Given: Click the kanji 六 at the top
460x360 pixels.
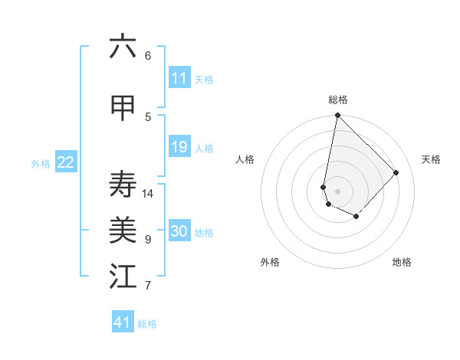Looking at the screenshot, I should [x=123, y=47].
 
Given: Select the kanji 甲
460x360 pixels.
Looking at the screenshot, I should [x=123, y=108].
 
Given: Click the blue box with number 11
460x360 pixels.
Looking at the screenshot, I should [x=179, y=78].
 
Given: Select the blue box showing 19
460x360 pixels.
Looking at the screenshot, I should [x=179, y=147].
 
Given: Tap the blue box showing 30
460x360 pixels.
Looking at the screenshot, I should [x=179, y=232].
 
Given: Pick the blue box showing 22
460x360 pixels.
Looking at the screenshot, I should [x=66, y=162].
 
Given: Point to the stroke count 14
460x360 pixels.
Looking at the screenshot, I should [x=148, y=193].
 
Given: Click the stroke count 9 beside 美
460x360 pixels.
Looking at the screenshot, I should [x=148, y=240].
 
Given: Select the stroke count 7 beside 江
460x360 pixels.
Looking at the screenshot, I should [x=148, y=286].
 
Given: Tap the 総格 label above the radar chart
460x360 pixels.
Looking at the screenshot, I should [x=338, y=100].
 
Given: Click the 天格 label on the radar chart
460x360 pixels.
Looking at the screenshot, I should [x=431, y=159].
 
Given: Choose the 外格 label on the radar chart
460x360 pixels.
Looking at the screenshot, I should [x=270, y=262].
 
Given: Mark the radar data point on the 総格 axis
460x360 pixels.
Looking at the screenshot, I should [x=337, y=116].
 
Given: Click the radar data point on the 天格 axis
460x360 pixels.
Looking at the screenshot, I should [x=396, y=172].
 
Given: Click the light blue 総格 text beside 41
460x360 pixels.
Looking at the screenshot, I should [x=147, y=324].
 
